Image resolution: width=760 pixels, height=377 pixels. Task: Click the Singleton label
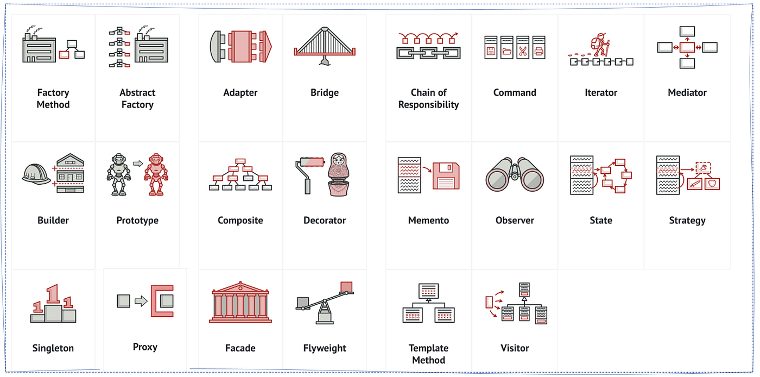pyautogui.click(x=53, y=348)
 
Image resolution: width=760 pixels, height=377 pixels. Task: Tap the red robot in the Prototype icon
pyautogui.click(x=156, y=174)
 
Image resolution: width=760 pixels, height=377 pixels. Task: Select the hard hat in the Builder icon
pyautogui.click(x=36, y=174)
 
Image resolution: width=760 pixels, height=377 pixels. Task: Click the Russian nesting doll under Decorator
pyautogui.click(x=338, y=174)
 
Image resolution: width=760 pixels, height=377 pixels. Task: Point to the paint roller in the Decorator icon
pyautogui.click(x=309, y=174)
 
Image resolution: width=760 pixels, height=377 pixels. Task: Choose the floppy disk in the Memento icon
pyautogui.click(x=446, y=175)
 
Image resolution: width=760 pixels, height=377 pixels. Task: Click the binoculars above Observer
pyautogui.click(x=515, y=174)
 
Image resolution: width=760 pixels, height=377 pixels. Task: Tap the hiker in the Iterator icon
pyautogui.click(x=600, y=45)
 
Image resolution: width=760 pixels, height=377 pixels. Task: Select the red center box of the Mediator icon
pyautogui.click(x=687, y=47)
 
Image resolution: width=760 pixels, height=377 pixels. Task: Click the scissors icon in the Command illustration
pyautogui.click(x=523, y=51)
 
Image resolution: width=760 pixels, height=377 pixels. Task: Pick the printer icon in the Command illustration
pyautogui.click(x=539, y=51)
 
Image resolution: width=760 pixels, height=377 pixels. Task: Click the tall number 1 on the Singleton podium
pyautogui.click(x=53, y=294)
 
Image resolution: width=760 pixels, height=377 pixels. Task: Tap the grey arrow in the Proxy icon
pyautogui.click(x=141, y=301)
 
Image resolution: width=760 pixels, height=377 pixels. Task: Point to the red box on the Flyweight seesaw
pyautogui.click(x=346, y=287)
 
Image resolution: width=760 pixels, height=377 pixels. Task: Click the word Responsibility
pyautogui.click(x=428, y=105)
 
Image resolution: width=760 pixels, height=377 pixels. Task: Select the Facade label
pyautogui.click(x=240, y=348)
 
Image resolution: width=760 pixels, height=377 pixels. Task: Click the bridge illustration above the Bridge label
pyautogui.click(x=325, y=46)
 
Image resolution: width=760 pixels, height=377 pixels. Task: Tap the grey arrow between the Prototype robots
pyautogui.click(x=138, y=164)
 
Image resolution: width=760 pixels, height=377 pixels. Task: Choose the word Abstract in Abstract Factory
pyautogui.click(x=137, y=92)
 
